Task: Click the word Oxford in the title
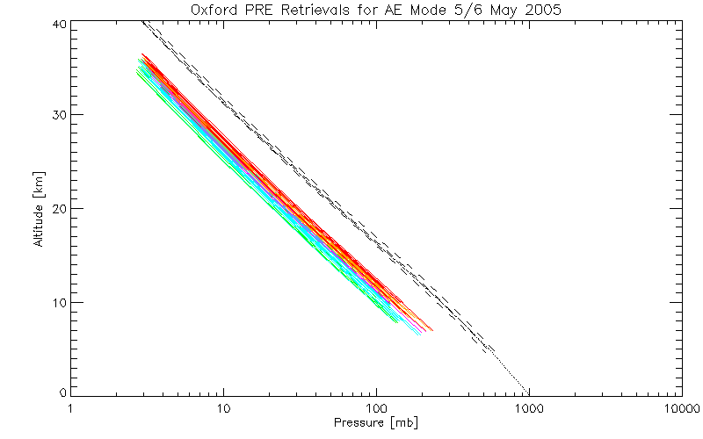tap(213, 10)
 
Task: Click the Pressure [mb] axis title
tap(376, 423)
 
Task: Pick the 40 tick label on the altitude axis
tap(56, 24)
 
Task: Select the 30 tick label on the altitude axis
tap(56, 115)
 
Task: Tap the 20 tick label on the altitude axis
tap(56, 208)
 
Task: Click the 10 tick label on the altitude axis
tap(56, 302)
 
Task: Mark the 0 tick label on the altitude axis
tap(60, 392)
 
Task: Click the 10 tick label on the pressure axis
tap(223, 409)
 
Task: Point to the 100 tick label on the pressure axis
tap(376, 409)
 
